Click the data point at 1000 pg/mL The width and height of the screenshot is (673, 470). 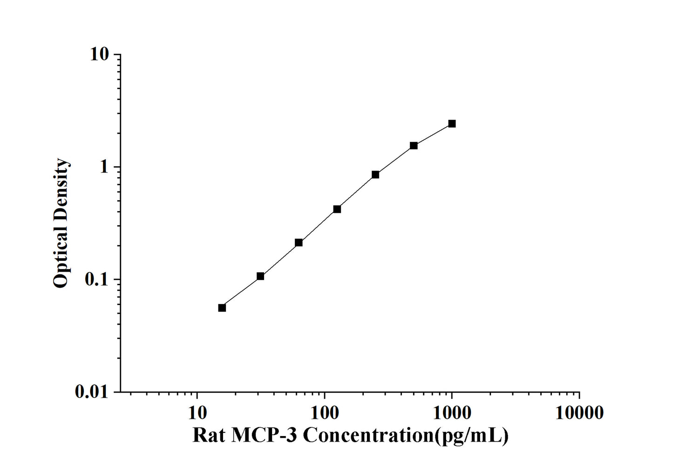(x=452, y=123)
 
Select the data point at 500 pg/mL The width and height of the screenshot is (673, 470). (x=414, y=145)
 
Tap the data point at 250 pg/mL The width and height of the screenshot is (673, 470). (x=375, y=175)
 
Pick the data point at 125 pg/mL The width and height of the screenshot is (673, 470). (x=337, y=209)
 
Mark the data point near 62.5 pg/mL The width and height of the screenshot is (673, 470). (x=299, y=243)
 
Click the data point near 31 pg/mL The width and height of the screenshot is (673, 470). (x=260, y=276)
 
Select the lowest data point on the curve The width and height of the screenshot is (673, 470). (x=222, y=308)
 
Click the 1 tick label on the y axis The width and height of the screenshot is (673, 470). (x=104, y=167)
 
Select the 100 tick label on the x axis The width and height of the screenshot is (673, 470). (x=324, y=413)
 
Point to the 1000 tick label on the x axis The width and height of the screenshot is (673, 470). (x=452, y=413)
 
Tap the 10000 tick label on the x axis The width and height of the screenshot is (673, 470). (x=579, y=413)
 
